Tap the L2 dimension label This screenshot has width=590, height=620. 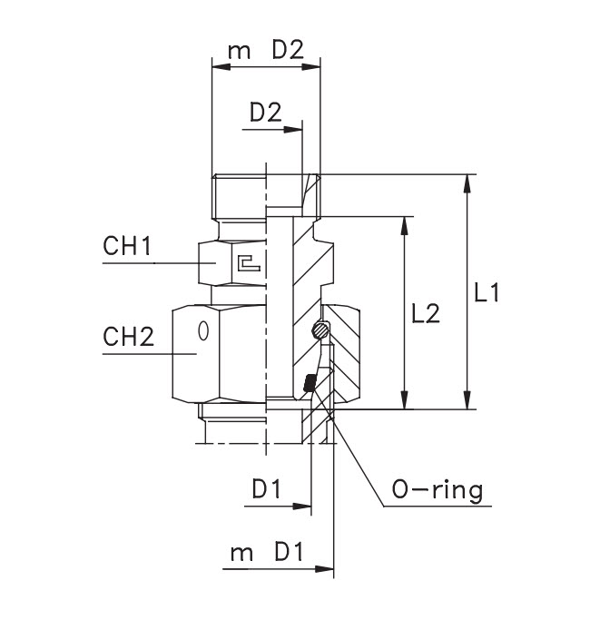(x=425, y=313)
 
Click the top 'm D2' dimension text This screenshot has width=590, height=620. (x=265, y=51)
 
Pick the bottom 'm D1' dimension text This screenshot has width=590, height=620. (x=265, y=554)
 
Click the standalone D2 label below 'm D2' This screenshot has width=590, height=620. (x=265, y=113)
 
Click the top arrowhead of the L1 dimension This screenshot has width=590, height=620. (x=467, y=182)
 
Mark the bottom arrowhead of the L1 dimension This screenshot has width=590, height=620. (x=467, y=401)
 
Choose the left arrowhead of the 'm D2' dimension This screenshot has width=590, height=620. (x=219, y=66)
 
